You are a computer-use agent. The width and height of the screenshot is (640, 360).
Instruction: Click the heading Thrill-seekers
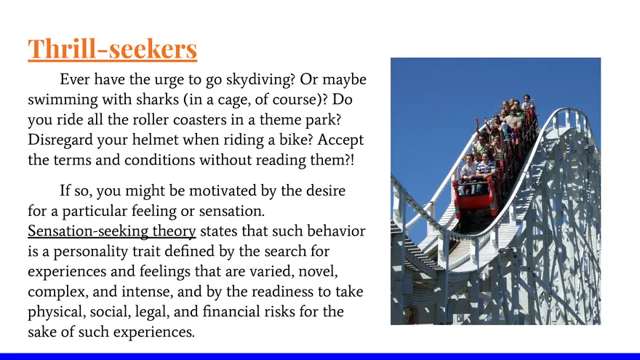pos(112,49)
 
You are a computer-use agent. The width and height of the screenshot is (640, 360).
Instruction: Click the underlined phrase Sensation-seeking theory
pos(112,231)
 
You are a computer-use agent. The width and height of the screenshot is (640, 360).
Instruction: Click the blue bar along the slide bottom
pos(320,356)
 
